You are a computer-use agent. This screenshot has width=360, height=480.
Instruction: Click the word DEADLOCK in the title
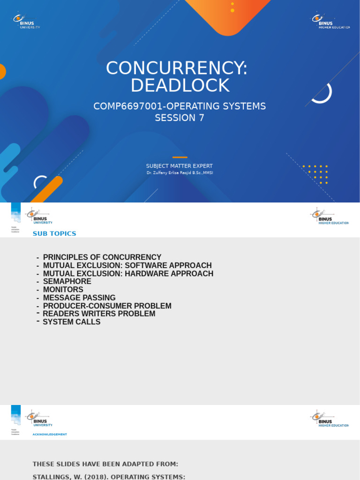180,85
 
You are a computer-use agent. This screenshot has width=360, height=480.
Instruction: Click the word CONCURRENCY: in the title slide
176,68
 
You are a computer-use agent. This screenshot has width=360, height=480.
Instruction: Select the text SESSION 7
180,118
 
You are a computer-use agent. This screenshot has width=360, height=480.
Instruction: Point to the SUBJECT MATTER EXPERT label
180,166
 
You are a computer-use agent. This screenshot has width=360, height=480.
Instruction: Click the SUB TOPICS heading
54,233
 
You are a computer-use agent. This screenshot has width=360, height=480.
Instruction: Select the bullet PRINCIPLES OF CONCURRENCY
102,257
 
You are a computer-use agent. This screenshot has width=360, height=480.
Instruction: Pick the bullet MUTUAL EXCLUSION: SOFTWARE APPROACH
127,265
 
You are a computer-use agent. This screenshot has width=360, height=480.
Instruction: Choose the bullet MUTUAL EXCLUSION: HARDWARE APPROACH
128,273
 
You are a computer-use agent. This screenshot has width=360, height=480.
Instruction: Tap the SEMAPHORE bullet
67,281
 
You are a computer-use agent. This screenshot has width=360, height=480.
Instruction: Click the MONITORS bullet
63,290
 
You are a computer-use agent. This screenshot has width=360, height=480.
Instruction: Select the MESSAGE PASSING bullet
79,298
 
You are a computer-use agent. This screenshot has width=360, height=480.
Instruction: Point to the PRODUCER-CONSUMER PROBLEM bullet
107,306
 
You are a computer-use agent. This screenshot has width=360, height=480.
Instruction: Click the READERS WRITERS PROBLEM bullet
99,314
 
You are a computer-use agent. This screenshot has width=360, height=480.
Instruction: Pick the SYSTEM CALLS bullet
71,322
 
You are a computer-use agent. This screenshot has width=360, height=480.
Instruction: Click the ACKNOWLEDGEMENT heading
50,435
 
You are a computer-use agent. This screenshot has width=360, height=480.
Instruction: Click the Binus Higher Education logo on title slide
330,21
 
